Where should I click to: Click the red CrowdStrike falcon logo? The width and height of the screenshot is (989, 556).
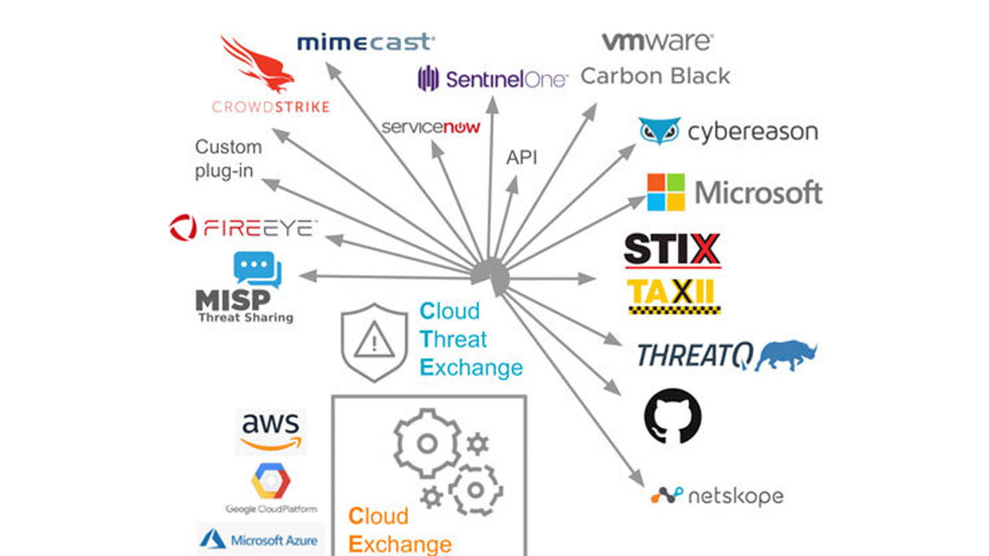pyautogui.click(x=257, y=66)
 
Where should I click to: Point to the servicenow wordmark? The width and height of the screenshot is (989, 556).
pyautogui.click(x=430, y=127)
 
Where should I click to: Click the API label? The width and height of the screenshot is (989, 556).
pyautogui.click(x=522, y=158)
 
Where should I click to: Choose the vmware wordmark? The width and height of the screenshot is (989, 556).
pyautogui.click(x=657, y=42)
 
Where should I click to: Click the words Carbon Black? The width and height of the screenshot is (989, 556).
pyautogui.click(x=655, y=76)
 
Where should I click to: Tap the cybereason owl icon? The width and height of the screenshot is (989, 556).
pyautogui.click(x=659, y=131)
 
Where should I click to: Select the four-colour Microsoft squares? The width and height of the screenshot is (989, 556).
pyautogui.click(x=666, y=192)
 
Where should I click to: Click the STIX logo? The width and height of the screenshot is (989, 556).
pyautogui.click(x=672, y=250)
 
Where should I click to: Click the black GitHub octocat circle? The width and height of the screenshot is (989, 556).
pyautogui.click(x=673, y=415)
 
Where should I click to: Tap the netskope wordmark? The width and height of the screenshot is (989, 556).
pyautogui.click(x=734, y=496)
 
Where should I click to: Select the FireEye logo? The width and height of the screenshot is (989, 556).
pyautogui.click(x=243, y=227)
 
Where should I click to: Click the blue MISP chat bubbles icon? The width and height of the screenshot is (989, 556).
pyautogui.click(x=257, y=270)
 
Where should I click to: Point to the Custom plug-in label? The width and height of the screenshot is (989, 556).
pyautogui.click(x=228, y=158)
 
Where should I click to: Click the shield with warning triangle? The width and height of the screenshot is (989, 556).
pyautogui.click(x=374, y=342)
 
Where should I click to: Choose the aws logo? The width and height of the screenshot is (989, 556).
pyautogui.click(x=270, y=431)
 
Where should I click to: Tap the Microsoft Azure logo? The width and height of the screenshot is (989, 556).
pyautogui.click(x=260, y=539)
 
